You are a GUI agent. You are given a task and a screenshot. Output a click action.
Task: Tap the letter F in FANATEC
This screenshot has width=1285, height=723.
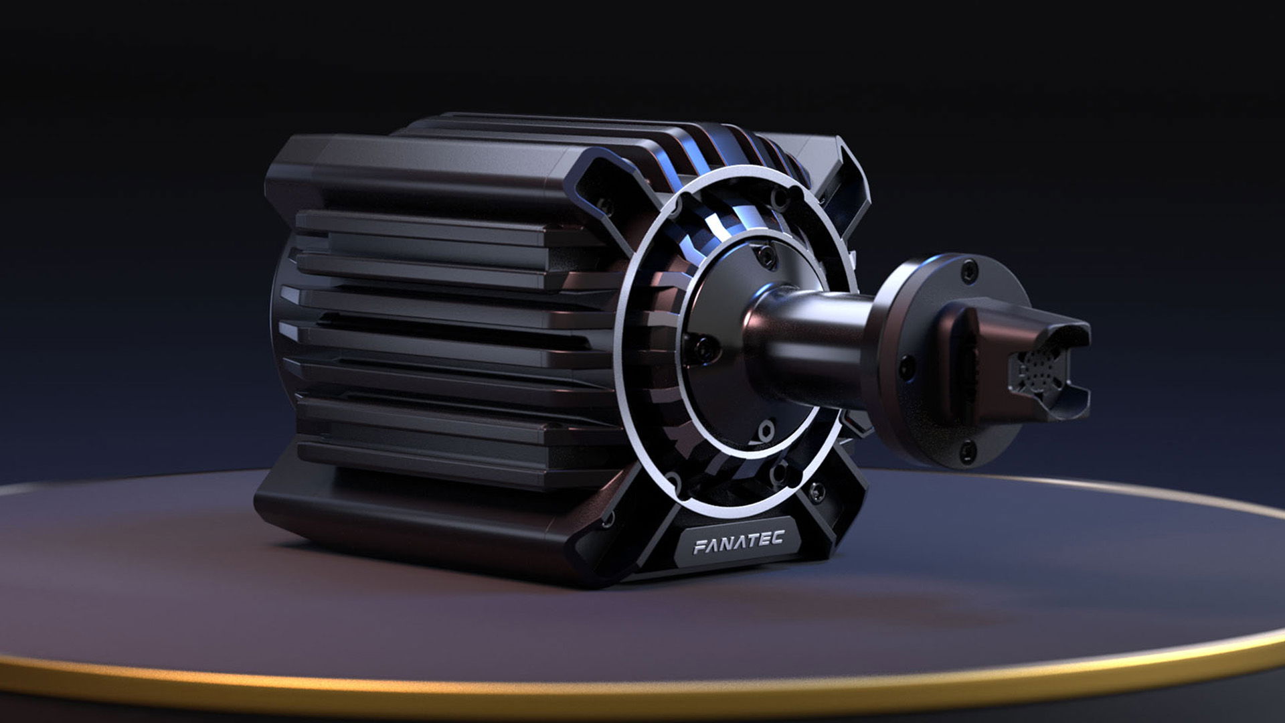click(x=699, y=548)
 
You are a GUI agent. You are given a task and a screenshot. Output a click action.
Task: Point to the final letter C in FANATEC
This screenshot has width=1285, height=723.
click(x=776, y=538)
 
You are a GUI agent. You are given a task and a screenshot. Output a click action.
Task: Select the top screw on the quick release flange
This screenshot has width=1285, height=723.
click(x=966, y=271)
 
